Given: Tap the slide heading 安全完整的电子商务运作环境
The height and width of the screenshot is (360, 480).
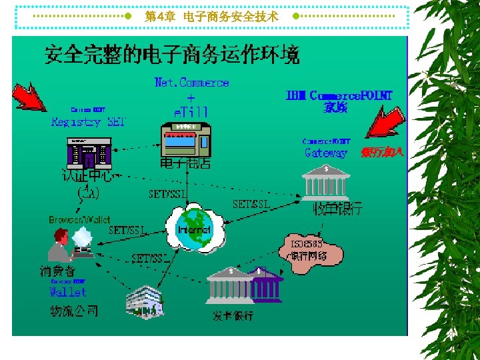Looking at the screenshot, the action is pyautogui.click(x=171, y=55).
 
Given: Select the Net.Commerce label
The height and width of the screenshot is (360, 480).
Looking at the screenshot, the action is pyautogui.click(x=191, y=83).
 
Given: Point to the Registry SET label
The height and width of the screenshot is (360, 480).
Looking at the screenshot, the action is pyautogui.click(x=89, y=122).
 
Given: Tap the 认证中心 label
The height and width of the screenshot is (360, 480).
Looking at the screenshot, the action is pyautogui.click(x=90, y=176).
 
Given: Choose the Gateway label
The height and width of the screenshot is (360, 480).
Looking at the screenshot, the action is pyautogui.click(x=326, y=153).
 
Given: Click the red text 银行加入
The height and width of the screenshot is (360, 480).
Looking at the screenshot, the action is pyautogui.click(x=383, y=153).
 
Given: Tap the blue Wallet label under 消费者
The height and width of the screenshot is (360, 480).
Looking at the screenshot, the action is pyautogui.click(x=68, y=292).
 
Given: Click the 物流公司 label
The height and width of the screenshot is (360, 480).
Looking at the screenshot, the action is pyautogui.click(x=74, y=311).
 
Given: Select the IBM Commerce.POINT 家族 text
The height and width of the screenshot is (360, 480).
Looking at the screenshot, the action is pyautogui.click(x=339, y=101).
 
